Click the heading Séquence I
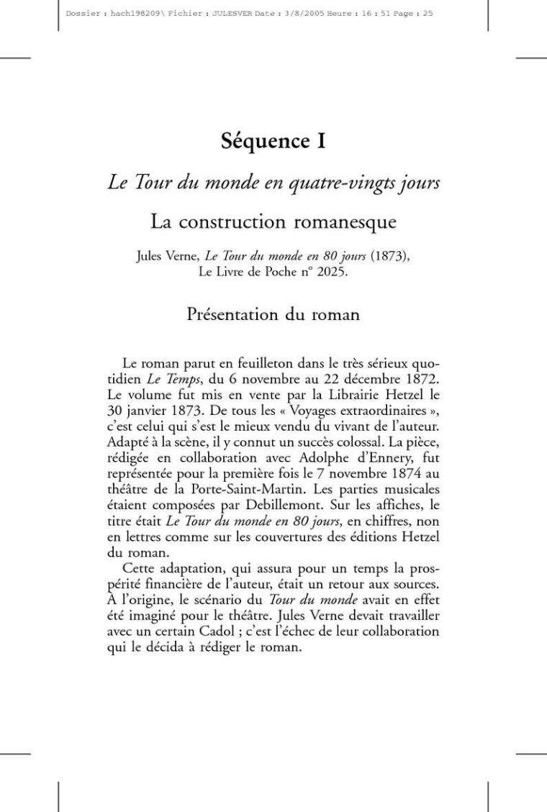point(273,141)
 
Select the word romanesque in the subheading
point(347,222)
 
